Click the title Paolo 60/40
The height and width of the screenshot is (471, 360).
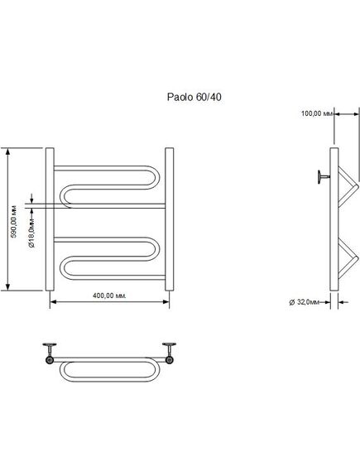(194, 97)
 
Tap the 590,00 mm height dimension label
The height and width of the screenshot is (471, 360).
(14, 222)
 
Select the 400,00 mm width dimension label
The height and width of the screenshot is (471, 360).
(109, 296)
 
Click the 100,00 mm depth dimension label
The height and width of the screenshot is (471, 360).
(317, 113)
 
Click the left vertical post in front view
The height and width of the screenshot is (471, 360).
(50, 219)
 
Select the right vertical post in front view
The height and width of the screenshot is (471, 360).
(170, 219)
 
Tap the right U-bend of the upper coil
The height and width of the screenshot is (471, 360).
(156, 177)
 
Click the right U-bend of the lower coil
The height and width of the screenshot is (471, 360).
(156, 249)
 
